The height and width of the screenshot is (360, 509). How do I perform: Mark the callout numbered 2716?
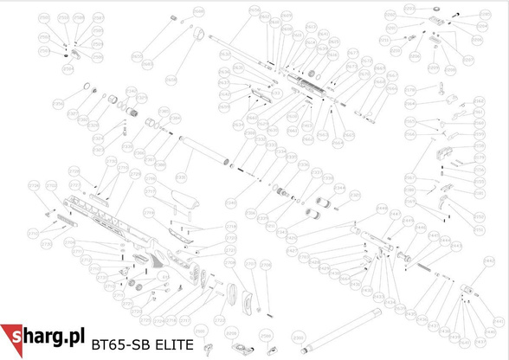tap(148, 183)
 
